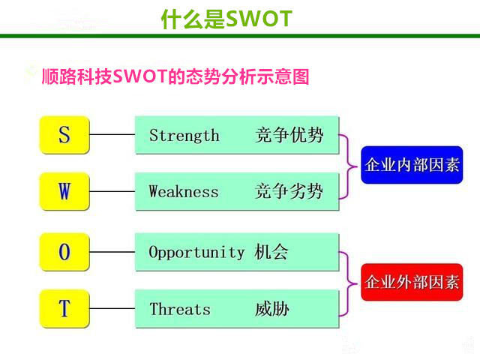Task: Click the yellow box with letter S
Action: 64,135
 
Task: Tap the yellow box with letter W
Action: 64,191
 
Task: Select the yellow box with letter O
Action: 64,252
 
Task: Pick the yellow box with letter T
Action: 64,308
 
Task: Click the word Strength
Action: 184,135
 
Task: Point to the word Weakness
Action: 184,192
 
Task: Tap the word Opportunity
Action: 196,253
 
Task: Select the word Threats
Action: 180,308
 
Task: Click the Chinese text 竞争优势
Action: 289,135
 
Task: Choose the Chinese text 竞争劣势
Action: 289,191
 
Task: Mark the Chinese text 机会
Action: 271,252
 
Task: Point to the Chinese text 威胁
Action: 271,308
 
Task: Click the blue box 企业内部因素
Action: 412,165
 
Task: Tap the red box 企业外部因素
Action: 412,282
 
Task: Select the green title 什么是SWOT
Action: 226,19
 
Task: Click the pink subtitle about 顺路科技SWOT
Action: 175,76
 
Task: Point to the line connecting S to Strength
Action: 112,134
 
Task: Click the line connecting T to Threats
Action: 112,308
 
